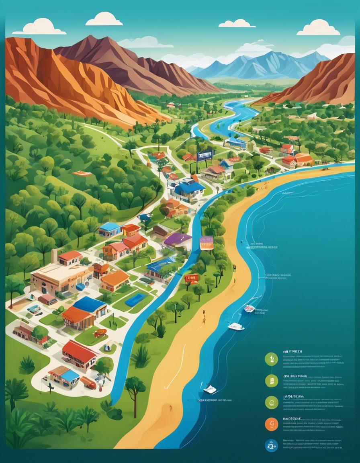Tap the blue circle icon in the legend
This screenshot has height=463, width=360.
point(272,445)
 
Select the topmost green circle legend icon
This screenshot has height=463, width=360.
point(272,359)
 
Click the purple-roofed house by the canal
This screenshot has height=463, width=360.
point(178,240)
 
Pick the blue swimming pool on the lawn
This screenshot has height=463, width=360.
point(136,299)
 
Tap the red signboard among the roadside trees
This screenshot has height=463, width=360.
point(192,278)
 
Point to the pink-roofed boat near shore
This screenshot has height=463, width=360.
point(250,309)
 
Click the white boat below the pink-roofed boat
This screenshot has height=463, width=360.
point(236,326)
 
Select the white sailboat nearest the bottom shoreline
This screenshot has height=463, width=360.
point(210,389)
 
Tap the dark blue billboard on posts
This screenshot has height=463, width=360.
point(205,156)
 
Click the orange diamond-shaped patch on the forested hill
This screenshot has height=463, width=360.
point(82,174)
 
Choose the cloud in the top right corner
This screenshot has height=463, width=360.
point(318,28)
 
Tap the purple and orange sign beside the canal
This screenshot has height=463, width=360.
point(207,243)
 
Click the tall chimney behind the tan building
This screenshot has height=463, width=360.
point(54,256)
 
